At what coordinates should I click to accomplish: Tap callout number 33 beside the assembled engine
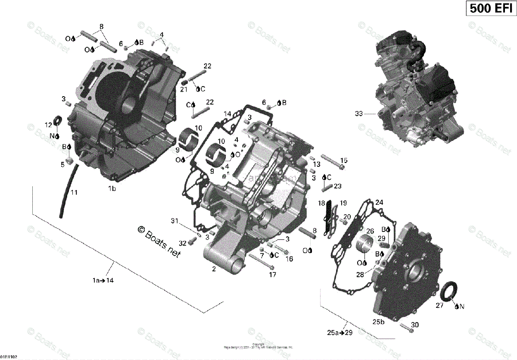(x=359, y=114)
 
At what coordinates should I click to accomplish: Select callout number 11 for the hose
(x=74, y=192)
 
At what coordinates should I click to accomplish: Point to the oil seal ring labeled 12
(x=57, y=120)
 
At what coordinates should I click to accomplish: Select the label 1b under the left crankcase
(x=112, y=188)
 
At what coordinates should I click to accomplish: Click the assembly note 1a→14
(x=103, y=280)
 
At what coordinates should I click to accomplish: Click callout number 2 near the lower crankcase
(x=213, y=269)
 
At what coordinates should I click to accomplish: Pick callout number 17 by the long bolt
(x=273, y=274)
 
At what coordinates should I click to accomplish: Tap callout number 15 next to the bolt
(x=343, y=160)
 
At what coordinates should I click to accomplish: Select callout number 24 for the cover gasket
(x=379, y=202)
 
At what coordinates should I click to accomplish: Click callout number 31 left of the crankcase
(x=174, y=221)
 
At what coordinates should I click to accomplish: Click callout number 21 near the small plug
(x=184, y=89)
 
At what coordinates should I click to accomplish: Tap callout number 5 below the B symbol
(x=62, y=164)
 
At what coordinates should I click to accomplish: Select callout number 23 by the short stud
(x=337, y=186)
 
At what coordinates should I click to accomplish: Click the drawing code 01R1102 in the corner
(x=9, y=357)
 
